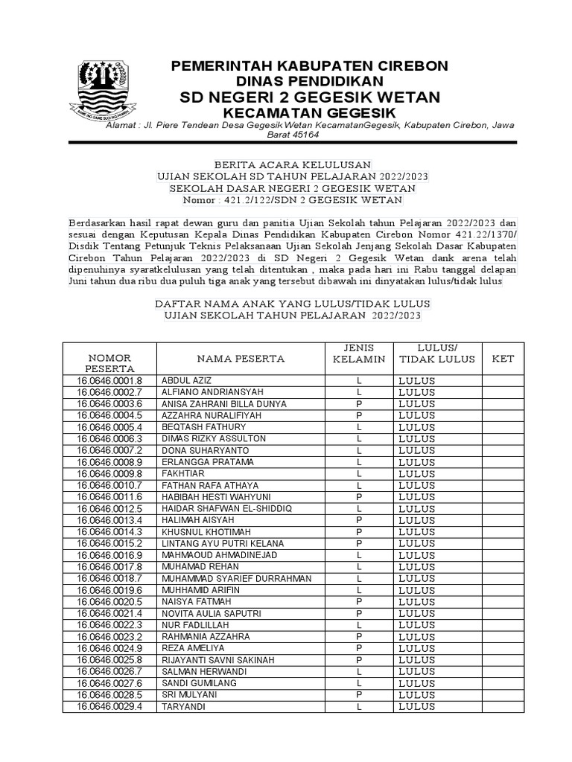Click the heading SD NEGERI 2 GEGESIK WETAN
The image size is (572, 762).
click(310, 97)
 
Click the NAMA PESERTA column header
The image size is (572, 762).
click(241, 359)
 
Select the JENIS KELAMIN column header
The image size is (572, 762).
click(358, 353)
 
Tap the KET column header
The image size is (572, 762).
click(503, 359)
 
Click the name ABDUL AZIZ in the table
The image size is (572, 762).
click(183, 381)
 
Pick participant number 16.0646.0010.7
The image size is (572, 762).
click(109, 485)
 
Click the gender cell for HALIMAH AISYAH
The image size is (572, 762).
click(358, 520)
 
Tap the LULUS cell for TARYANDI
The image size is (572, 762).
click(417, 706)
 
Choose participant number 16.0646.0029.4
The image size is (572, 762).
click(109, 706)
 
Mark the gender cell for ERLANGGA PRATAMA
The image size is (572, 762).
click(358, 462)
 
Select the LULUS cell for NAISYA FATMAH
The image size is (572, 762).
click(417, 601)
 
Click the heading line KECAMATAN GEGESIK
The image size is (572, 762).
click(310, 112)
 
